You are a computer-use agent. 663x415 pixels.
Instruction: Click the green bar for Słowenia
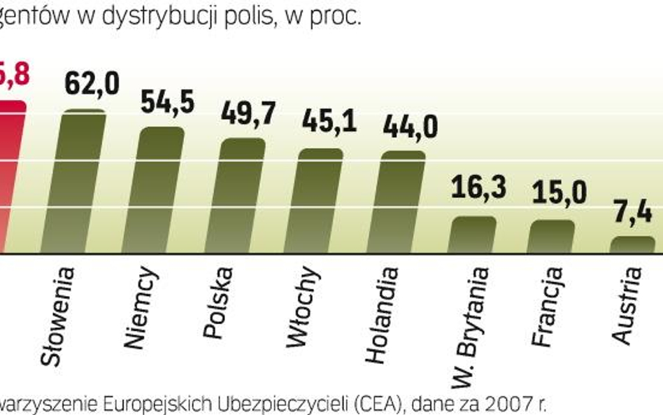[83, 182]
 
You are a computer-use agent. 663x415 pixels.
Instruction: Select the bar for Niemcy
[161, 190]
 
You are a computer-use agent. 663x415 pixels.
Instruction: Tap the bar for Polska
[242, 196]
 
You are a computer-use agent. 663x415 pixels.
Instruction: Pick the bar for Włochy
[320, 201]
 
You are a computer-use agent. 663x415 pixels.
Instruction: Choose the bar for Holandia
[402, 202]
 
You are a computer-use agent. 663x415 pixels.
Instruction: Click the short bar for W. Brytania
[472, 235]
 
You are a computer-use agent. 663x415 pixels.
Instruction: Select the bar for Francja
[551, 237]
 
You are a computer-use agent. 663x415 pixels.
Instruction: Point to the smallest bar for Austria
[633, 245]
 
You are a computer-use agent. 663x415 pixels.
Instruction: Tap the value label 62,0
[92, 83]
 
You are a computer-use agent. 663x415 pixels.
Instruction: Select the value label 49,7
[248, 113]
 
